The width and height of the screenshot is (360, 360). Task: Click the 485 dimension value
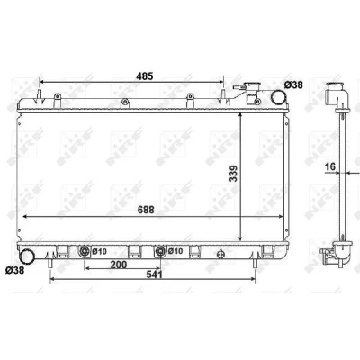point(145,76)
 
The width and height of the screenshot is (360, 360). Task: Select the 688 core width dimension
point(146,210)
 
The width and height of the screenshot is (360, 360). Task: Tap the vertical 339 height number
point(233,174)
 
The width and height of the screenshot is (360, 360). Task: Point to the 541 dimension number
point(153,274)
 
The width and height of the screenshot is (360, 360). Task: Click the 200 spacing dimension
point(119,265)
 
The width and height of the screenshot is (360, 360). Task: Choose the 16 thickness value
point(330,166)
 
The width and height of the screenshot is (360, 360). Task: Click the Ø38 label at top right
point(293,85)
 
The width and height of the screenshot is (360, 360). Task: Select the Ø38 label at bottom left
point(14,270)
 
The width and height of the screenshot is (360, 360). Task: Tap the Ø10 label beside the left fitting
point(100,251)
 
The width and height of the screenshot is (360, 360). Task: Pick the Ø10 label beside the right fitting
point(175,251)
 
